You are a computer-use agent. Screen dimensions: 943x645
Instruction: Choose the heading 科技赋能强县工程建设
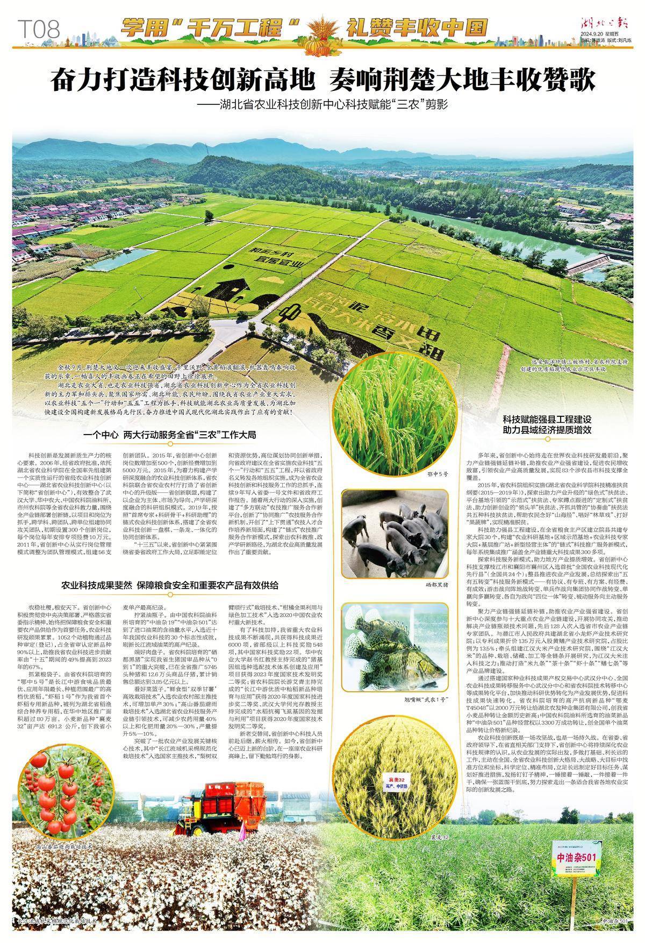[547, 419]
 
